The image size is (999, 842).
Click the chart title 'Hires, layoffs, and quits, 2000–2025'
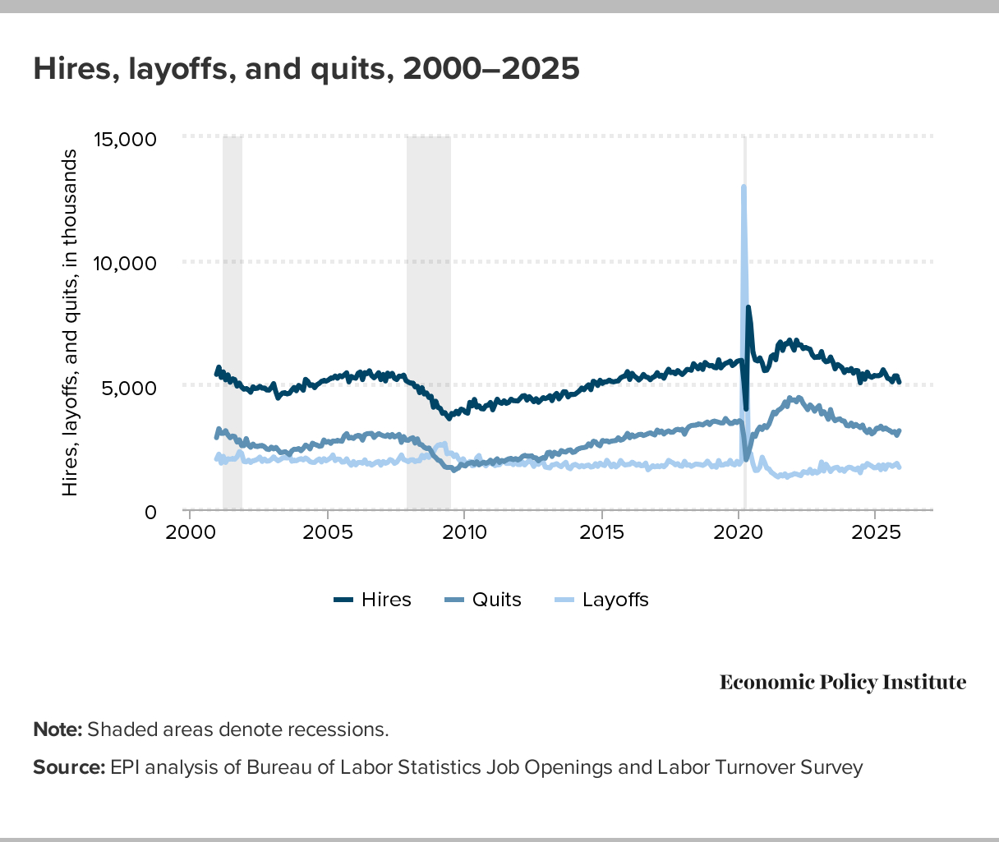(x=306, y=69)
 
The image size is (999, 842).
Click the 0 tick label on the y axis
(x=150, y=512)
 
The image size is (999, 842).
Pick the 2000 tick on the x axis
(x=190, y=531)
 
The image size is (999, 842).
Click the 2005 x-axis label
(x=327, y=531)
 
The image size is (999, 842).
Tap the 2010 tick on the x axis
(x=464, y=531)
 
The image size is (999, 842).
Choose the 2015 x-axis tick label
(x=602, y=531)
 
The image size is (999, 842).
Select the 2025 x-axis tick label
(x=876, y=531)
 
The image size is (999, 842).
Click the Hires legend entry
(x=373, y=600)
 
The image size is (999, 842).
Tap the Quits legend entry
(x=485, y=600)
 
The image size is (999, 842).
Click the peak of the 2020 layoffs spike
(x=743, y=187)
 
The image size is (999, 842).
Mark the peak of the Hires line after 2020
(x=748, y=307)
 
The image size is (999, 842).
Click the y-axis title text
(x=71, y=323)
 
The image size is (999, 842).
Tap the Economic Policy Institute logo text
(x=843, y=683)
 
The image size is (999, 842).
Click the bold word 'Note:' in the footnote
(x=58, y=729)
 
